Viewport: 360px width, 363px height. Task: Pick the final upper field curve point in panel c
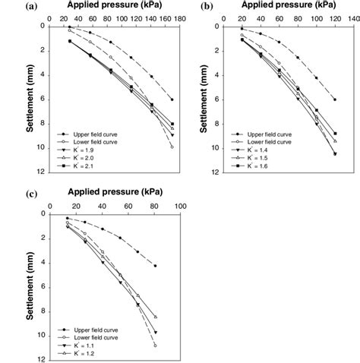pos(156,266)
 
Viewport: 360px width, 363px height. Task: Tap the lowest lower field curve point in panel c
pos(156,346)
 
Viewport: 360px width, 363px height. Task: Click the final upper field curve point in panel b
pos(335,99)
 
